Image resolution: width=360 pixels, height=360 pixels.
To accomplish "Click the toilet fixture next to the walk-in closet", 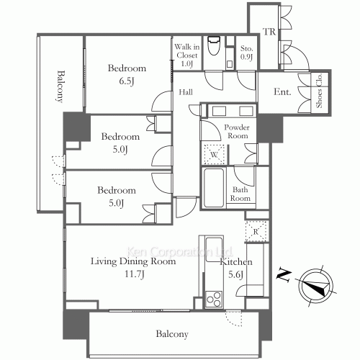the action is (x=214, y=45).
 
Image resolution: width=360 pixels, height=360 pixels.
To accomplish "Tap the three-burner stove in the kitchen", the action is (x=214, y=299).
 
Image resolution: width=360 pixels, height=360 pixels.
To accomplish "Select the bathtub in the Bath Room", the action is (x=214, y=188).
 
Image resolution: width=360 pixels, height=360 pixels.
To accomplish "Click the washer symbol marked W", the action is (x=214, y=154).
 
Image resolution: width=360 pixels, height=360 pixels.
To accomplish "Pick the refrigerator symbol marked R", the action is (x=256, y=231).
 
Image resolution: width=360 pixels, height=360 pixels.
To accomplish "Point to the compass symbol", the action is (x=315, y=286).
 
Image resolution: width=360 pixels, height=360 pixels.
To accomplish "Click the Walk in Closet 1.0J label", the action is (x=187, y=55).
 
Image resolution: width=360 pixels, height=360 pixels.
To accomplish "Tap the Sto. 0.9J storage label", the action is (x=247, y=53).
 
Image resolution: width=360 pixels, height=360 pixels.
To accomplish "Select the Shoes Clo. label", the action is (x=319, y=91).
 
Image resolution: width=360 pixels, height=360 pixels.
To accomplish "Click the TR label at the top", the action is (x=269, y=32).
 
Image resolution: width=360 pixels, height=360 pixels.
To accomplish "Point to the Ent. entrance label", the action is (x=282, y=91).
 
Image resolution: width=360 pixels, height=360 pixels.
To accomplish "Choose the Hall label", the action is (x=186, y=92).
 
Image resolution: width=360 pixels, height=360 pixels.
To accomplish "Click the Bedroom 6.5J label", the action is (x=127, y=74).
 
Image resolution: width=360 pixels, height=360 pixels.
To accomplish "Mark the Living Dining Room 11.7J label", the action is (x=133, y=267).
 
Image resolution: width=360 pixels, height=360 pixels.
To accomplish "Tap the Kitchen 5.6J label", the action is (x=236, y=268).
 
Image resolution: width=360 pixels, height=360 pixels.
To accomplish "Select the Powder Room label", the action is (x=237, y=131).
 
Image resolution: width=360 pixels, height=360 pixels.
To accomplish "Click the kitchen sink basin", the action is (x=214, y=250).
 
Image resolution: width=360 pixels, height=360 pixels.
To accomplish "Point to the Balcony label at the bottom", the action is (x=172, y=334).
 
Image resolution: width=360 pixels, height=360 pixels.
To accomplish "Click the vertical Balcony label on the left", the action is (x=61, y=86).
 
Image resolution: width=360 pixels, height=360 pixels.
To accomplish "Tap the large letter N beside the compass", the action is (x=284, y=276).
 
